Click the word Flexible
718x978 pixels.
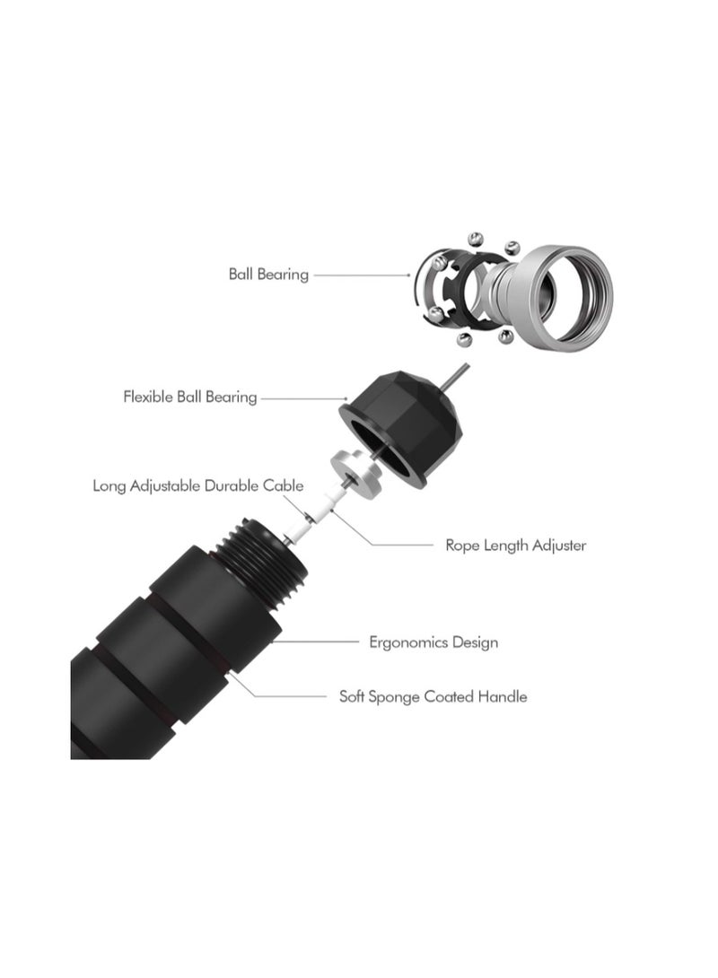point(148,397)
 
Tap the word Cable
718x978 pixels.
point(284,485)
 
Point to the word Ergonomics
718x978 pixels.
point(408,642)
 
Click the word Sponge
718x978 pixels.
point(394,696)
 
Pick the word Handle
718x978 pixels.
point(503,696)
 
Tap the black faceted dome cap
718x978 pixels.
point(401,427)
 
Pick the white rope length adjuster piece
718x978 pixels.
point(328,504)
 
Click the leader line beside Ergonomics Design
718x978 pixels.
point(316,642)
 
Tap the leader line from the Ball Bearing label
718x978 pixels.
point(362,275)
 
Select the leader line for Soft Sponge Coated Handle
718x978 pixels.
point(278,686)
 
